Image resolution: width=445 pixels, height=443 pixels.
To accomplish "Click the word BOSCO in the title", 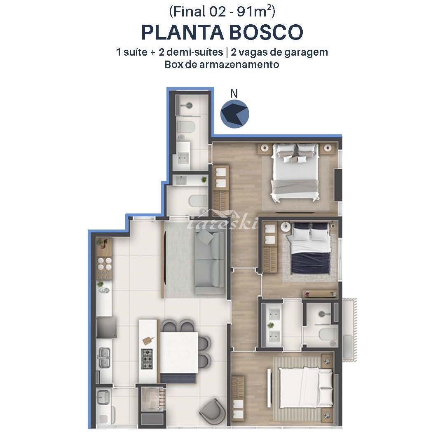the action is [x=266, y=33].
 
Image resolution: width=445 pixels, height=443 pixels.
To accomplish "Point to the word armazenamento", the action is [x=239, y=64].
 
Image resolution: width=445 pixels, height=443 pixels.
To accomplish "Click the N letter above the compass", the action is [x=234, y=94].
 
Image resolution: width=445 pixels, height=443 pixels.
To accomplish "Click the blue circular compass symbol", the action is [x=235, y=114].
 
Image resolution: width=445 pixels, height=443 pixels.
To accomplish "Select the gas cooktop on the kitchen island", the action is [x=147, y=359].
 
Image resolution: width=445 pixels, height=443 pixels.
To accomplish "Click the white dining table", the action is [x=179, y=352].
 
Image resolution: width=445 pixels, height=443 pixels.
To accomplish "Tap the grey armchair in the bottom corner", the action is [x=212, y=411].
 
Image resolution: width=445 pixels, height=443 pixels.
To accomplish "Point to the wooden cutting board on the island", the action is [x=148, y=340].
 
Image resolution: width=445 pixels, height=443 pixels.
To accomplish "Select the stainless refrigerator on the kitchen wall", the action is [x=106, y=327].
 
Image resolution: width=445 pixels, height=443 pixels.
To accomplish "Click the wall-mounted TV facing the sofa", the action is [x=164, y=258].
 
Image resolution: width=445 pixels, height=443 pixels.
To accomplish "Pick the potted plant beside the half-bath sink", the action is [x=204, y=179].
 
